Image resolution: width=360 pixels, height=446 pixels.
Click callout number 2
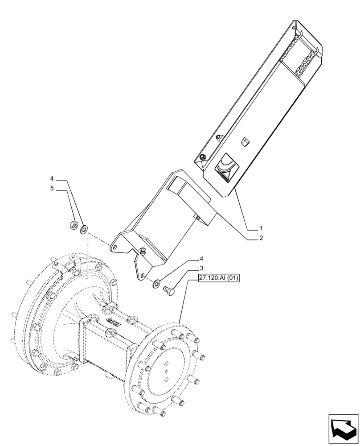262,238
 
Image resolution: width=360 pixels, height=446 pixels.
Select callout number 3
201,268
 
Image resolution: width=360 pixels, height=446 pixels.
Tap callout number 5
52,188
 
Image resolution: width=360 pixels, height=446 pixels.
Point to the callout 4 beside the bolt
201,259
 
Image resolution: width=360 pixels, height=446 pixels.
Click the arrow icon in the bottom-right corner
344,429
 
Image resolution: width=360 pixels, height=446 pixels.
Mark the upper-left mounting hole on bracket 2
115,246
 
